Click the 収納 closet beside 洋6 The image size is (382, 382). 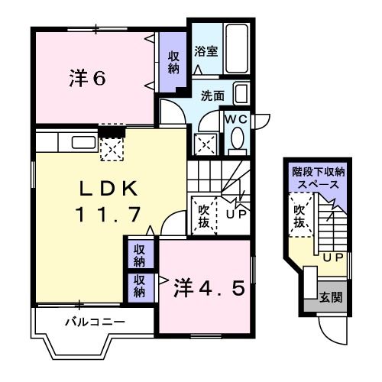click(174, 63)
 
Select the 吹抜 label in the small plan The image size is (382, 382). click(299, 215)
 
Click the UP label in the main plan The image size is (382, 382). click(235, 215)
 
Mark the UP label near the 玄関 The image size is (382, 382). click(332, 257)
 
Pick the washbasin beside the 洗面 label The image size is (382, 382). click(241, 95)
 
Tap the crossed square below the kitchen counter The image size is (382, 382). click(112, 149)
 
